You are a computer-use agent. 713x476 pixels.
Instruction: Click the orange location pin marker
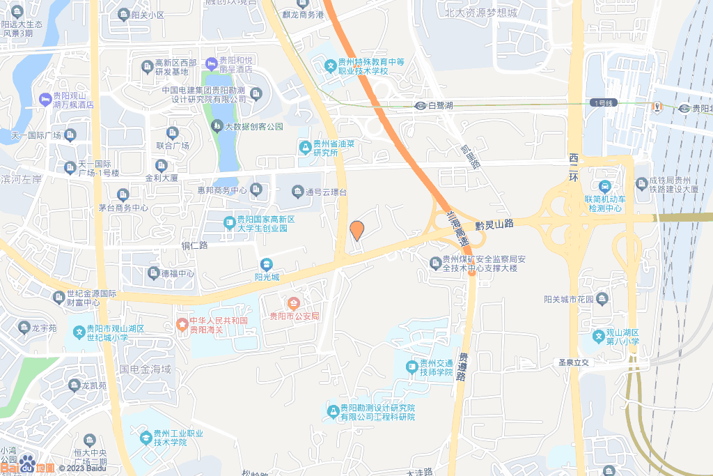point(356,230)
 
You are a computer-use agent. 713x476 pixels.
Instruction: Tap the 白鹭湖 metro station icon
point(420,106)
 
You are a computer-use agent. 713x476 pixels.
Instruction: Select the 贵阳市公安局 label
point(295,316)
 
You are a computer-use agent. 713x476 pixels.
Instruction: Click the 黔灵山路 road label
point(494,224)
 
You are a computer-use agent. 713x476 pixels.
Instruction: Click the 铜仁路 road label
point(195,245)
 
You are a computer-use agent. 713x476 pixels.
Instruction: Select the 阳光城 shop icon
point(266,264)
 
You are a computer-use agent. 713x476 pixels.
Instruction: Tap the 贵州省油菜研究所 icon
point(305,147)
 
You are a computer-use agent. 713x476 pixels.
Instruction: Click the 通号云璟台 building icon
point(294,191)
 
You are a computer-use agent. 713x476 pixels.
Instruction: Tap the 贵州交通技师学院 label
point(436,367)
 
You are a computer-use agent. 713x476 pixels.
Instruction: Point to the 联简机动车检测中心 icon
point(604,187)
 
